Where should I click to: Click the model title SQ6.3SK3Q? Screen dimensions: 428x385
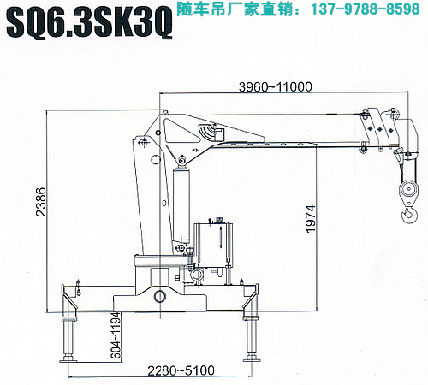[x=89, y=22]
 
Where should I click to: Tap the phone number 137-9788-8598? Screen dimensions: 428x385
[x=366, y=9]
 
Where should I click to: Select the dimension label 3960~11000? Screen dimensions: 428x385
[x=276, y=86]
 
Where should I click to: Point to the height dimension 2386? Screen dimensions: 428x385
[x=41, y=202]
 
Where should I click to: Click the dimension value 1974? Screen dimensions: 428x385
[x=311, y=218]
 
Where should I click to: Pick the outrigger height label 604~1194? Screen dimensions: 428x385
[x=116, y=335]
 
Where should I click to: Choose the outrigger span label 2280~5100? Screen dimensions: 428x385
[x=181, y=370]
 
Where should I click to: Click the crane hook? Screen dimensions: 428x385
[x=410, y=215]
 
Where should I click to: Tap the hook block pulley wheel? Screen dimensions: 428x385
[x=408, y=189]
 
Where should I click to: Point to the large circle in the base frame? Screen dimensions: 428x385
[x=160, y=296]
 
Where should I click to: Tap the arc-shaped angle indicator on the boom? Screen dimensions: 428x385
[x=206, y=132]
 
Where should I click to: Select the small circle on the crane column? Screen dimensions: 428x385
[x=156, y=159]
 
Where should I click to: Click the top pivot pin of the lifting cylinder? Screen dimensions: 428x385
[x=181, y=160]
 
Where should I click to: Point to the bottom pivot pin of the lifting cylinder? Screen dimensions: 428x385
[x=181, y=247]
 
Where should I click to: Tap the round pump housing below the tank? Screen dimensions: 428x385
[x=197, y=275]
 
